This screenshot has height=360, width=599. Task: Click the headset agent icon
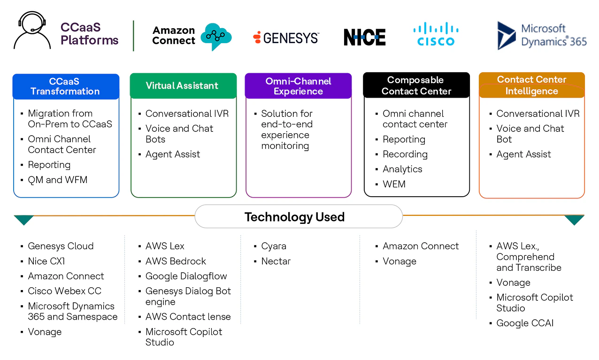point(32,31)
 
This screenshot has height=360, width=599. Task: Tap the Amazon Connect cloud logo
point(215,36)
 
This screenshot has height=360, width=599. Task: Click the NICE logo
point(364,38)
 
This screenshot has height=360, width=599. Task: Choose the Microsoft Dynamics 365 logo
point(542,35)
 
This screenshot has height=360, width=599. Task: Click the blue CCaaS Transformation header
point(66,86)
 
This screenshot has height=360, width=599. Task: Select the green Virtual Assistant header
point(183,86)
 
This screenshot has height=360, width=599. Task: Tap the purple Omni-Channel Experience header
point(298,86)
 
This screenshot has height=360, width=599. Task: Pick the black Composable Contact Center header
point(416,85)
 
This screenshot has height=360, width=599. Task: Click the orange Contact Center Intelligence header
point(531,85)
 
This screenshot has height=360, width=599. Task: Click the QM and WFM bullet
point(57,180)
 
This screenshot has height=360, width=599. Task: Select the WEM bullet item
point(394,184)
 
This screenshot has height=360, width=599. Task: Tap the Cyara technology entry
point(274,246)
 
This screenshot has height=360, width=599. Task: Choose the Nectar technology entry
point(276,261)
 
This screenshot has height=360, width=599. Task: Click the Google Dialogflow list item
point(186,276)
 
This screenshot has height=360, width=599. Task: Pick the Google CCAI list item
point(525,323)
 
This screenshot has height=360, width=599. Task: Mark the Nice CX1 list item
point(46,261)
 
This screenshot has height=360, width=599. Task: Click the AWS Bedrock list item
point(176,261)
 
